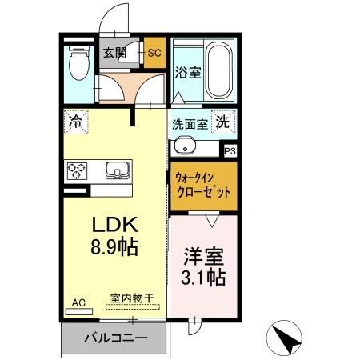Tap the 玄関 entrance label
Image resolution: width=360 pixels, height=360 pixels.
coord(114,53)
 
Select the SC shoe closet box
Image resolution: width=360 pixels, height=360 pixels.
coord(154,53)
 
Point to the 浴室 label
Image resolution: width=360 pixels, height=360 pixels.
coord(187,71)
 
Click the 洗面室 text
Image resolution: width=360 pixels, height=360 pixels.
coord(190,124)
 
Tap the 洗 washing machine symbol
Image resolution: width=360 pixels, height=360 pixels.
coord(225,123)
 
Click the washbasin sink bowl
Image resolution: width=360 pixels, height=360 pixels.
coord(184,147)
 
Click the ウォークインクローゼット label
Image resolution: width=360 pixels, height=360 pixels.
coord(202,186)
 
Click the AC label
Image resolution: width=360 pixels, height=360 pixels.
coord(78,303)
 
